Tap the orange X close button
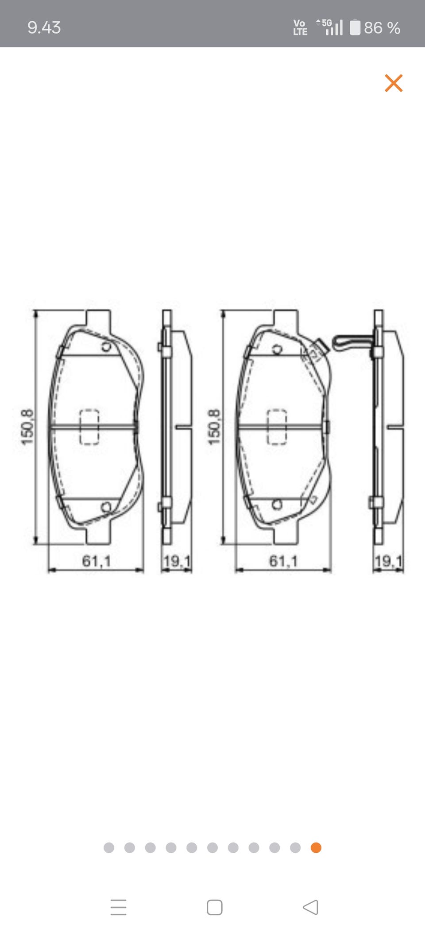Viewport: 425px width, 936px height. pyautogui.click(x=394, y=83)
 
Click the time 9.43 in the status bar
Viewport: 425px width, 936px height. pyautogui.click(x=44, y=27)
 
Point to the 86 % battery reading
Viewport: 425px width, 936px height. pyautogui.click(x=382, y=28)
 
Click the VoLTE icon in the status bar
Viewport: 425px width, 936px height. pyautogui.click(x=300, y=27)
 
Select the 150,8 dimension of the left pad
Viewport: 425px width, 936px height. pyautogui.click(x=27, y=427)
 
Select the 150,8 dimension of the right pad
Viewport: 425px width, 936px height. pyautogui.click(x=214, y=427)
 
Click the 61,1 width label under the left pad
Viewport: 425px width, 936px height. pyautogui.click(x=96, y=561)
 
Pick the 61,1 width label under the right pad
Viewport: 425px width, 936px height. pyautogui.click(x=283, y=561)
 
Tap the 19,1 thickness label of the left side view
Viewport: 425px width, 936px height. pyautogui.click(x=177, y=561)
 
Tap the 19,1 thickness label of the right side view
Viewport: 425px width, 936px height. pyautogui.click(x=388, y=561)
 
